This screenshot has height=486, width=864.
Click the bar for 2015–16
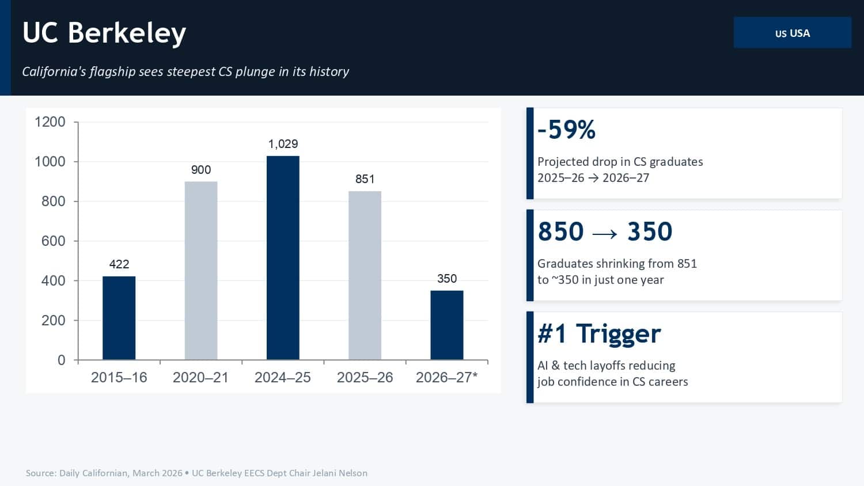119,318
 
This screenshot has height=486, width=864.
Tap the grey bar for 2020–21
201,271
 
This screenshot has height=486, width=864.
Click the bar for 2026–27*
447,325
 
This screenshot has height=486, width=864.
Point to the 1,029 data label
283,144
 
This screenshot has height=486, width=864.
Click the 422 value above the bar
119,264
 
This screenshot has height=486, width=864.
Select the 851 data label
365,179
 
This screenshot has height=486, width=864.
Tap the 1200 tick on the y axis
50,122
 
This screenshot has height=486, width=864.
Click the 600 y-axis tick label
54,241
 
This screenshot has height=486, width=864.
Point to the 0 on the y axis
62,360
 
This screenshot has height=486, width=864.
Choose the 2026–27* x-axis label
447,378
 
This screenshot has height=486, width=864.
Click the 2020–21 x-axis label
201,378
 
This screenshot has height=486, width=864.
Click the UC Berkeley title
104,33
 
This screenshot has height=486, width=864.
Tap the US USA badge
792,33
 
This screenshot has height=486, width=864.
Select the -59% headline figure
566,130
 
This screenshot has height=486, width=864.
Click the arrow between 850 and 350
605,233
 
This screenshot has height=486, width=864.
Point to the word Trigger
618,334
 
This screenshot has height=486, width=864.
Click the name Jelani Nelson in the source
340,473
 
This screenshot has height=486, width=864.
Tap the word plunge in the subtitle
255,71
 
